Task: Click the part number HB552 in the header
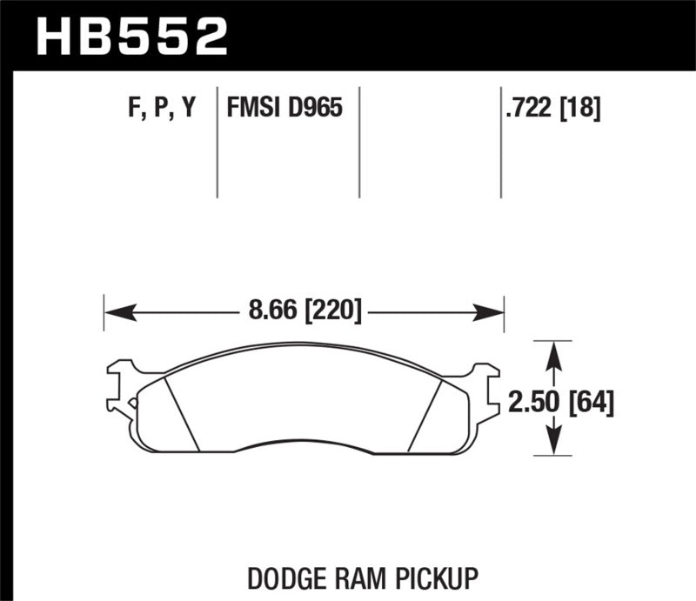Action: pyautogui.click(x=131, y=36)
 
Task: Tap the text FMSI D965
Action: pyautogui.click(x=284, y=109)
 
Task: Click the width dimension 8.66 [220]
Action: pyautogui.click(x=304, y=309)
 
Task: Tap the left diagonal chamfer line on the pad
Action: pyautogui.click(x=182, y=414)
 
